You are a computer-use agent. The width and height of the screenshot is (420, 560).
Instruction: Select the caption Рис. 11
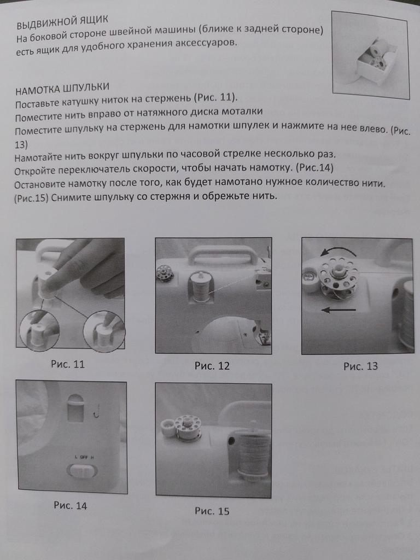[x=68, y=364]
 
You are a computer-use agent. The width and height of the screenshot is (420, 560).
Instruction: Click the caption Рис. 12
[x=212, y=366]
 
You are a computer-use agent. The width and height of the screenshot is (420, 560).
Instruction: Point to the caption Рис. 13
[x=360, y=366]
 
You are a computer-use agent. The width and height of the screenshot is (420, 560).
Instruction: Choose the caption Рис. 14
[x=71, y=505]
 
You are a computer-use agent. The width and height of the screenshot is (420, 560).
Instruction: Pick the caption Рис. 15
[x=212, y=511]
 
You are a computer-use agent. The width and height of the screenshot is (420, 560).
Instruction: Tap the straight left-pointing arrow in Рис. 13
[x=339, y=310]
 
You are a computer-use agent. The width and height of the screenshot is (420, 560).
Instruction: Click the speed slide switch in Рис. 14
[x=82, y=471]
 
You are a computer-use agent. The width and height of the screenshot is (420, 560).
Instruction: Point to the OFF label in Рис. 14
[x=84, y=457]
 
